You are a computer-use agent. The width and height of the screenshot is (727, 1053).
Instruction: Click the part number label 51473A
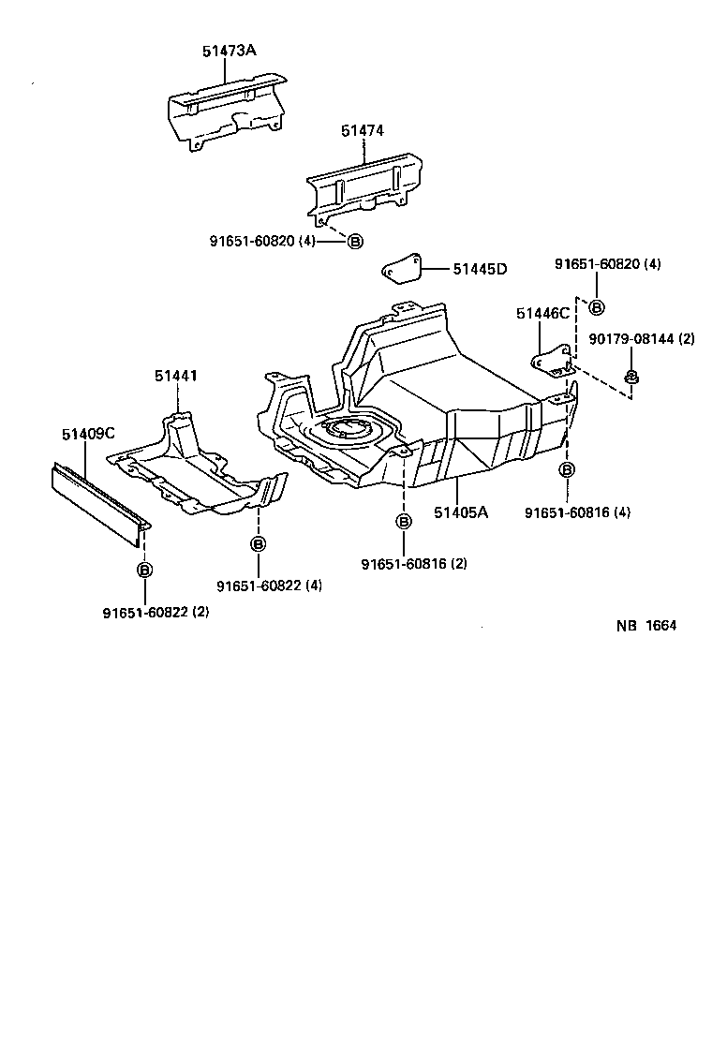(x=229, y=50)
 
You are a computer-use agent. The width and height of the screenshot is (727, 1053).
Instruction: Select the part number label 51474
(x=363, y=131)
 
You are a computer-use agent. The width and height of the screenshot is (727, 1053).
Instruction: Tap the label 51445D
(x=479, y=270)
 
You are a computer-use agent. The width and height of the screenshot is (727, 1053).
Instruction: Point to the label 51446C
(x=542, y=314)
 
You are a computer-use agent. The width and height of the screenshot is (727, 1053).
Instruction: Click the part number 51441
(x=176, y=376)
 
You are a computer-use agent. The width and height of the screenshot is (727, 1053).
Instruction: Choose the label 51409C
(x=88, y=434)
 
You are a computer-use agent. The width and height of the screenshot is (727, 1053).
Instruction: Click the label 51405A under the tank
(x=461, y=512)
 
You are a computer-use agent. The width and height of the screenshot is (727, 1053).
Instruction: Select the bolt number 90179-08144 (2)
(x=641, y=339)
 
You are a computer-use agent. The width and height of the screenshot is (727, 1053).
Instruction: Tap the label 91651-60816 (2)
(x=414, y=563)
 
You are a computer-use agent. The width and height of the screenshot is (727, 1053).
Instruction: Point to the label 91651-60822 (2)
(x=156, y=612)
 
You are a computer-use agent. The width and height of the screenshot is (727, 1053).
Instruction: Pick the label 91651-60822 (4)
(x=270, y=586)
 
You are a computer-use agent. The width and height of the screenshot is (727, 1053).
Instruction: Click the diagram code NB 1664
(x=645, y=626)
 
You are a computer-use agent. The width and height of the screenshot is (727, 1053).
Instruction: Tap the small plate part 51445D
(x=401, y=269)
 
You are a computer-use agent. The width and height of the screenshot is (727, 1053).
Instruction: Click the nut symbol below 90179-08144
(x=631, y=378)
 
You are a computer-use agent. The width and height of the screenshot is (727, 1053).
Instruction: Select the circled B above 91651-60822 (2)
(x=144, y=569)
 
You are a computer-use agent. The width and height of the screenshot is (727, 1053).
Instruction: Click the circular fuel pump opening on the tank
(x=345, y=430)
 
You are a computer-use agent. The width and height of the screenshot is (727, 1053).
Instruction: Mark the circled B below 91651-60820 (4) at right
(x=597, y=306)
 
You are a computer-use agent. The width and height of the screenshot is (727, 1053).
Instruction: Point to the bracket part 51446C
(x=554, y=359)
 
